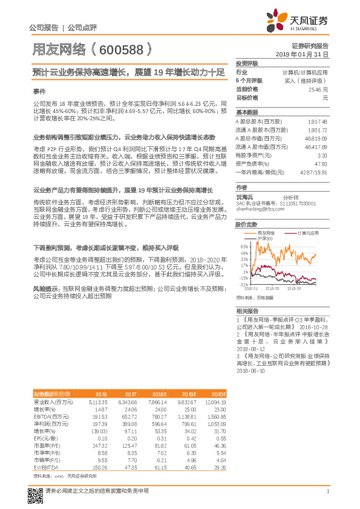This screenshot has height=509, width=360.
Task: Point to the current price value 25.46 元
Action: pos(318,89)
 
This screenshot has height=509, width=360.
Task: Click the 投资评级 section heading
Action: pos(247,63)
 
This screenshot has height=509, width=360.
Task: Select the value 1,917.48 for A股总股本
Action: pos(317,122)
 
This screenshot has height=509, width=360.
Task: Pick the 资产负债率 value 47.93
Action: pos(321,163)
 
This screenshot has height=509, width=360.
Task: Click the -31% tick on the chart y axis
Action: pos(243,284)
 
